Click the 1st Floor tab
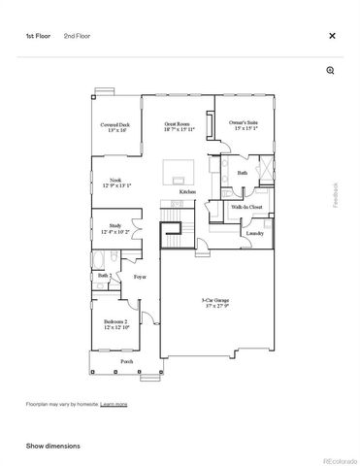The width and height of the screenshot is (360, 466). [38, 36]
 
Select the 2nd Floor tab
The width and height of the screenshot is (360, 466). [77, 36]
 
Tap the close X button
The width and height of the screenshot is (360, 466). [332, 36]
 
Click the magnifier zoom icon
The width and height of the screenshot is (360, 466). [330, 71]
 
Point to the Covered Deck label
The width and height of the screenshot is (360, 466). [116, 127]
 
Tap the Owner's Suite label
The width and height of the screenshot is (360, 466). [243, 125]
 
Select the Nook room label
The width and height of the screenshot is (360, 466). [115, 183]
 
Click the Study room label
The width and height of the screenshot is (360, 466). [115, 229]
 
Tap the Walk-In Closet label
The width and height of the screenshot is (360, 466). [246, 207]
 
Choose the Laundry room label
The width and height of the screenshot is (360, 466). [254, 234]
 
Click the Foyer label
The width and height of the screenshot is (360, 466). [140, 277]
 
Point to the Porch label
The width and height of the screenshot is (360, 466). [127, 362]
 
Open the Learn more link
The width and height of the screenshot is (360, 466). [114, 403]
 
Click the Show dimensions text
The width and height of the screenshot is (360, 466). [52, 446]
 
